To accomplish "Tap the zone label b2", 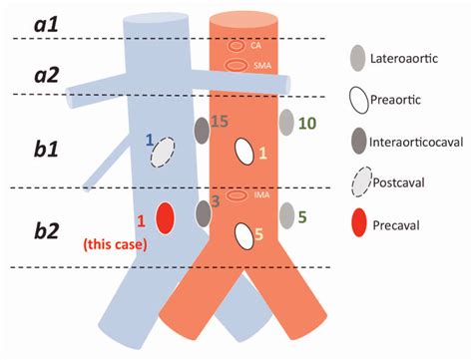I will (x=43, y=228).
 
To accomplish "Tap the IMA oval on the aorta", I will (x=237, y=195).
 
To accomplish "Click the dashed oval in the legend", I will (x=360, y=186).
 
